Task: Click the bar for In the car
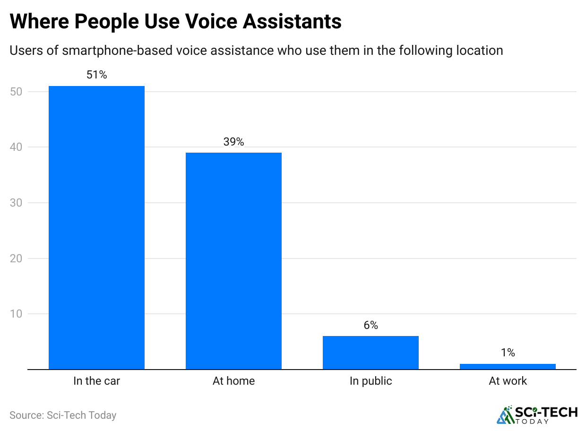96,227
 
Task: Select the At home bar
233,260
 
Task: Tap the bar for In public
371,352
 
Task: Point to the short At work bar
508,366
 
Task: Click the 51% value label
96,75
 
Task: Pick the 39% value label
233,142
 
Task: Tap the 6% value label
371,325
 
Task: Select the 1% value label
508,353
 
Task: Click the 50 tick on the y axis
16,92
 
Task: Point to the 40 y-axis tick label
16,147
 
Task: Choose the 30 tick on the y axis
16,203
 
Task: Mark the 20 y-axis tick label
16,259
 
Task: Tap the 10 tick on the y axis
16,314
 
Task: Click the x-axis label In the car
96,381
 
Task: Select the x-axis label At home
233,381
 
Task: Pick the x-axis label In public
371,381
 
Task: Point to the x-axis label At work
508,381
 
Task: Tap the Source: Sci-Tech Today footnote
63,415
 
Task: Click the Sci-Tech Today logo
537,414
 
